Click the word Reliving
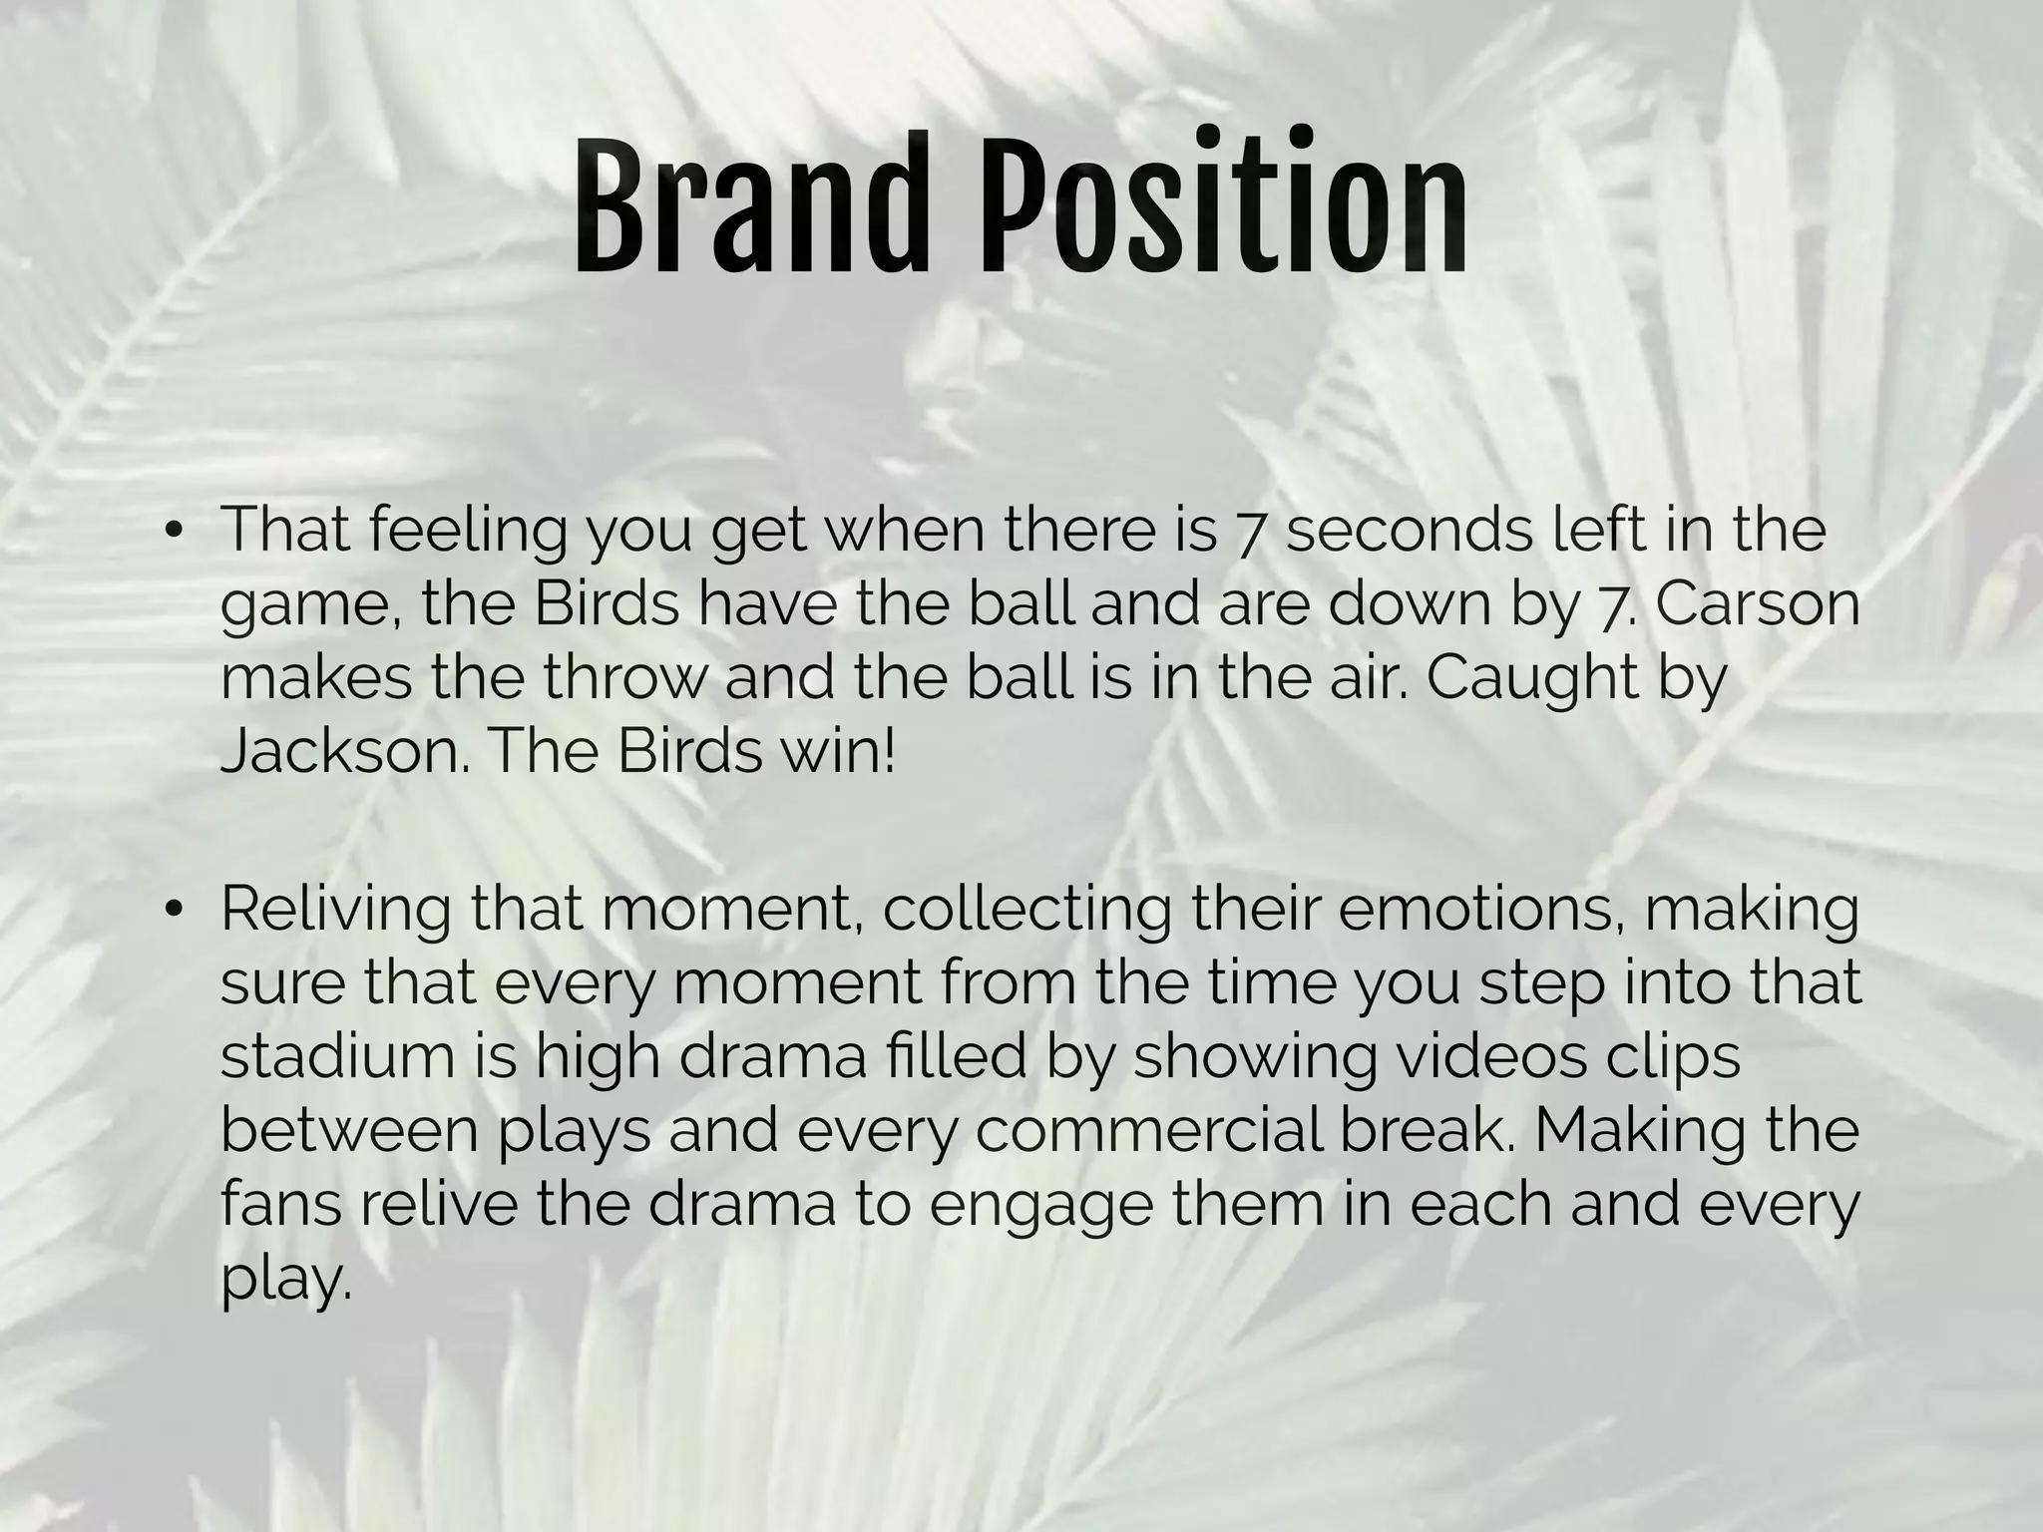pos(335,909)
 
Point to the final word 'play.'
pos(286,1280)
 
